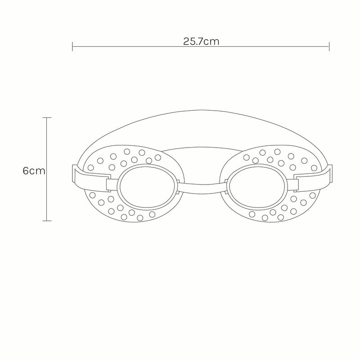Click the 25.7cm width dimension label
pos(201,42)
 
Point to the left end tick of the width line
pos(72,46)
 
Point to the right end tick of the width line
pos(329,46)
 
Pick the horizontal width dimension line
pos(135,46)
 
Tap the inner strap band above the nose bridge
pos(201,153)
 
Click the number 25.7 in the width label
pos(194,42)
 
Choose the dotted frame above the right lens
pos(270,155)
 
